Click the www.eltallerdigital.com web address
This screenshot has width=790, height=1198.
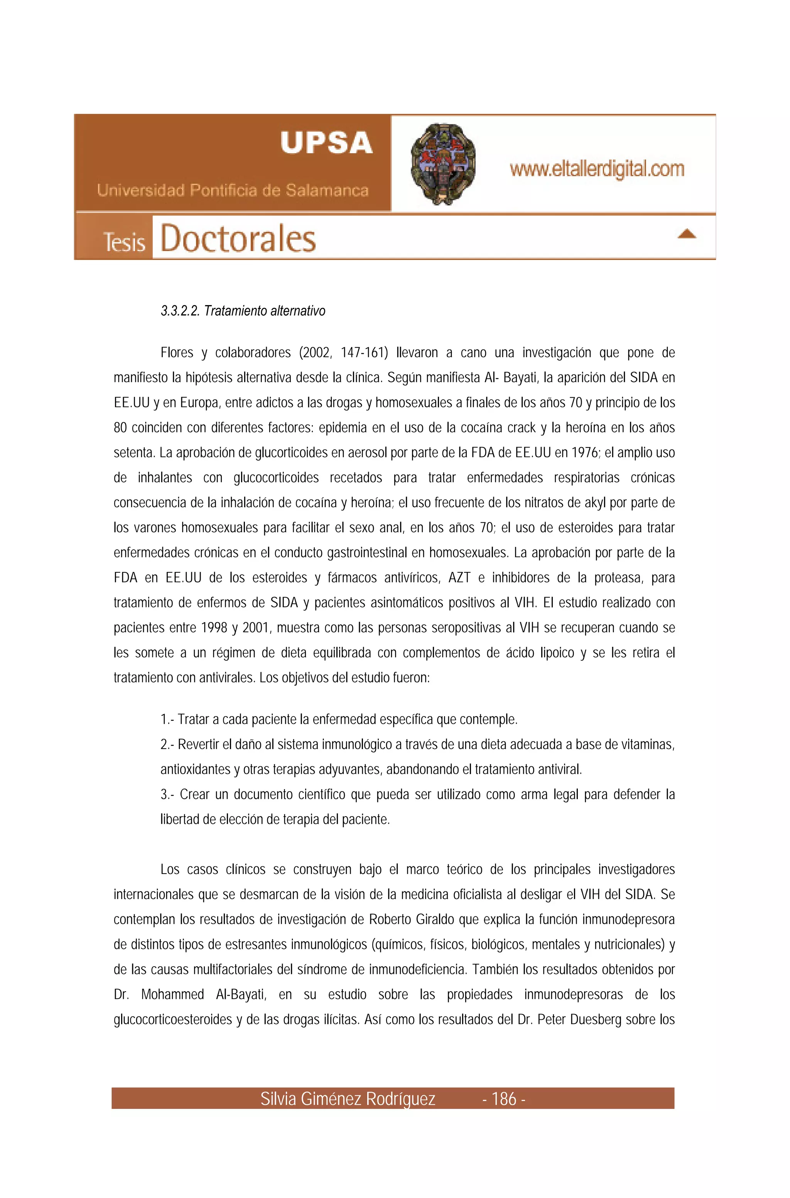(597, 169)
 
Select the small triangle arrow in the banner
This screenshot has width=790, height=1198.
(687, 234)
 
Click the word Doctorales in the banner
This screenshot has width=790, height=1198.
(238, 239)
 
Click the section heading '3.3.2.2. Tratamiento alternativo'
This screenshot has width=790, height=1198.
(243, 311)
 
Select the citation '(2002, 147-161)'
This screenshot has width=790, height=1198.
(344, 353)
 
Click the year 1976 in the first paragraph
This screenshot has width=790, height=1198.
(584, 452)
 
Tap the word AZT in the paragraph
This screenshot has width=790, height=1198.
(459, 577)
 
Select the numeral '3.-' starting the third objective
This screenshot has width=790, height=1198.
(168, 795)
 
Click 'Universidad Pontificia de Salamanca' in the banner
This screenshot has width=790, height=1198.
(233, 191)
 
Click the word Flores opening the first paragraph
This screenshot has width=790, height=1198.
(177, 353)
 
